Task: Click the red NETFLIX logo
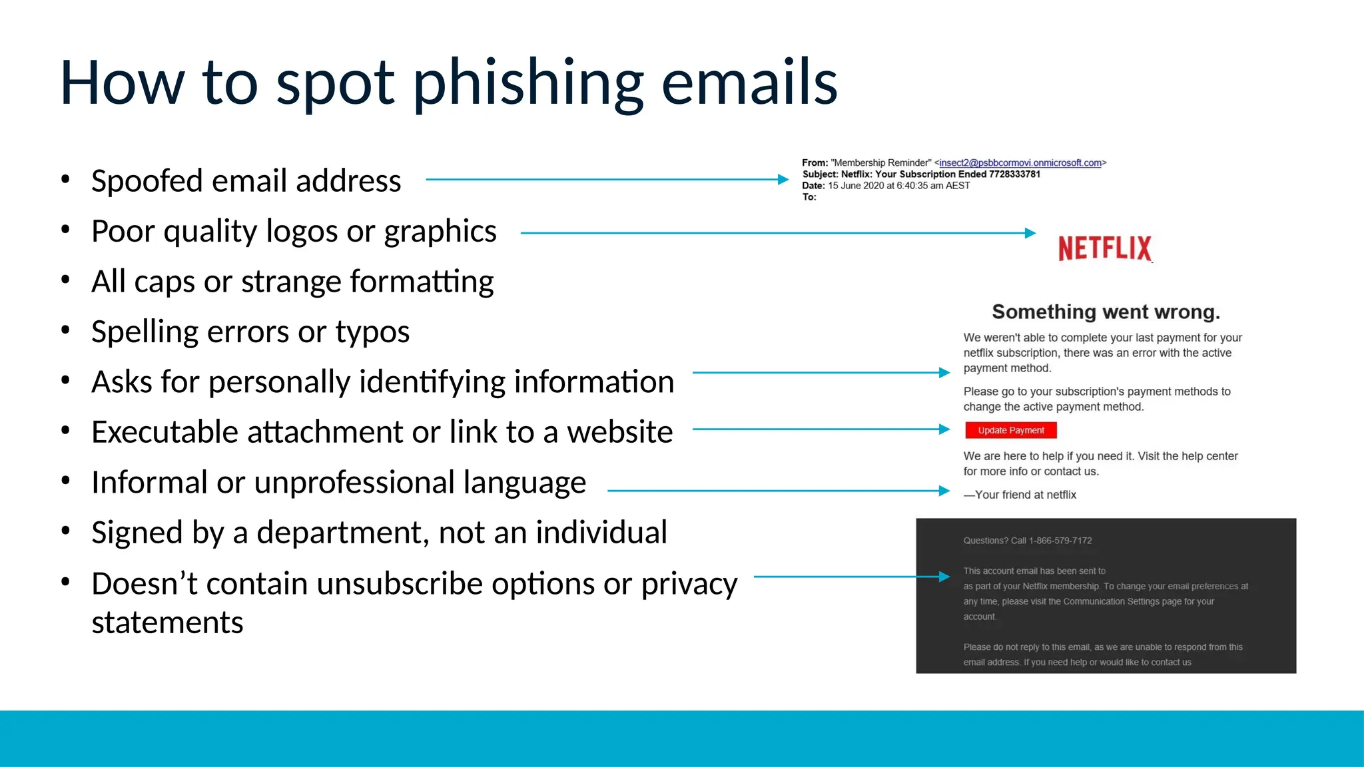1104,248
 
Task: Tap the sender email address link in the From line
1020,163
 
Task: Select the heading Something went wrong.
1106,312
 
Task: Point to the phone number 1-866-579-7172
1060,541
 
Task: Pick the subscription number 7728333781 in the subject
1014,174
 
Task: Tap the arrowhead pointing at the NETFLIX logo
1030,233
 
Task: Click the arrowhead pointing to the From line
783,179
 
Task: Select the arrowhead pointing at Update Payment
944,429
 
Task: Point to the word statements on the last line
167,623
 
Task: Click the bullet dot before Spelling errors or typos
65,331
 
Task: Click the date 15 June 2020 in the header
856,186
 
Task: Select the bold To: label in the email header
809,197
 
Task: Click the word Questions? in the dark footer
986,541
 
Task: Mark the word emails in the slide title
749,83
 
